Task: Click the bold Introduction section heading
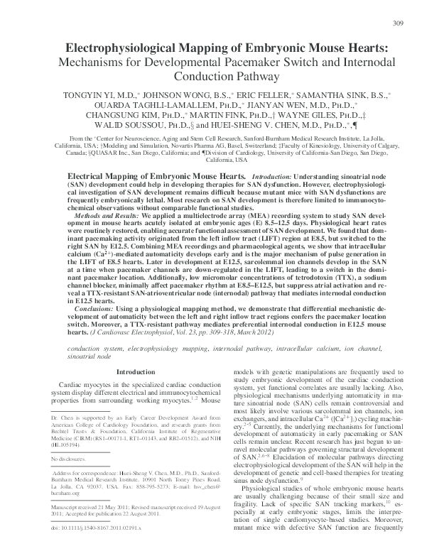pyautogui.click(x=134, y=371)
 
